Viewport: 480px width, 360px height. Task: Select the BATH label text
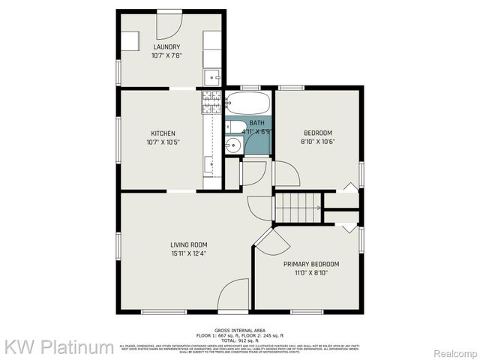256,122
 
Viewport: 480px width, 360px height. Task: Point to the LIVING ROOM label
189,244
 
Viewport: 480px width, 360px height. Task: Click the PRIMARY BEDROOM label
310,264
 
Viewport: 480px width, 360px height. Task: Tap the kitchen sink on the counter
211,162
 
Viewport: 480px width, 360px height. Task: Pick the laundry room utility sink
213,76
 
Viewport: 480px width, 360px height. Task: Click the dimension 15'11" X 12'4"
189,253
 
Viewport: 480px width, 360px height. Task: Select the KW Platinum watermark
59,347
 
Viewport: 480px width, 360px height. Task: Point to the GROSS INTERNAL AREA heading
239,330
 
